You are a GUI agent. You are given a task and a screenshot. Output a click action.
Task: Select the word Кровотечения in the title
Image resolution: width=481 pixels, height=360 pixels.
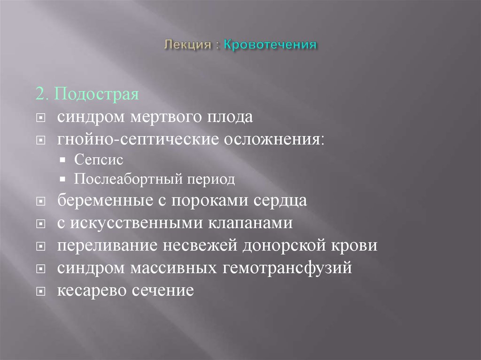(271, 45)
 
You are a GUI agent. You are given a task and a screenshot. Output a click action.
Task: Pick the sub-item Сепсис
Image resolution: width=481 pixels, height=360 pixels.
(98, 160)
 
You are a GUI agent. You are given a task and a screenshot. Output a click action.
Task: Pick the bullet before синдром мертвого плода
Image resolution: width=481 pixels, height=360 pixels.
(41, 117)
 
